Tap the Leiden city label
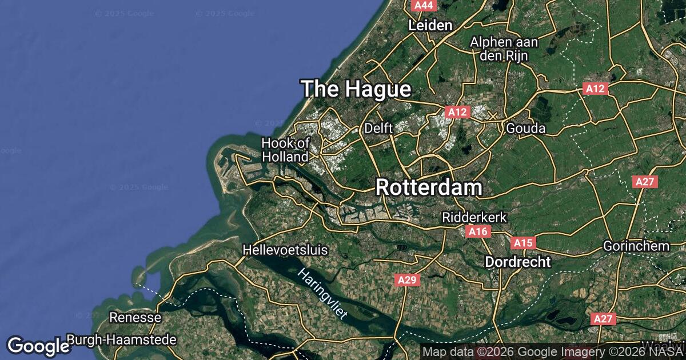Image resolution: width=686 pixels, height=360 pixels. point(430,25)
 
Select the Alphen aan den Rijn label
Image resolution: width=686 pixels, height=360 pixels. point(499,49)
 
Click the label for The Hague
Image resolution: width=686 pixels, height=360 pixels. point(356,89)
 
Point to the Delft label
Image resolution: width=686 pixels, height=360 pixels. point(378,129)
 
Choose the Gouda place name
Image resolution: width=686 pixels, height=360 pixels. point(525,129)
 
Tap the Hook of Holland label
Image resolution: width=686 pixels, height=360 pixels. point(285,150)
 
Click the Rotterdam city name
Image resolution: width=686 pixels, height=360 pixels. point(429,187)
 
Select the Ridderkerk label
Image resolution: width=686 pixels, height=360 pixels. point(474,218)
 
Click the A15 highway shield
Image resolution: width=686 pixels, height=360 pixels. point(523,243)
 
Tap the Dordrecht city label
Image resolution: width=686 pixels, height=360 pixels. point(518,262)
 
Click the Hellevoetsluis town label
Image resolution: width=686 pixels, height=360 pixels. point(285,250)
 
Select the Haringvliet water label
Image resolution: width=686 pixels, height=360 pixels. point(322,294)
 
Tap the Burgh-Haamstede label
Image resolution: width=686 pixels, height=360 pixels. point(121,340)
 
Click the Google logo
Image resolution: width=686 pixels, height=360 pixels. point(39,346)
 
